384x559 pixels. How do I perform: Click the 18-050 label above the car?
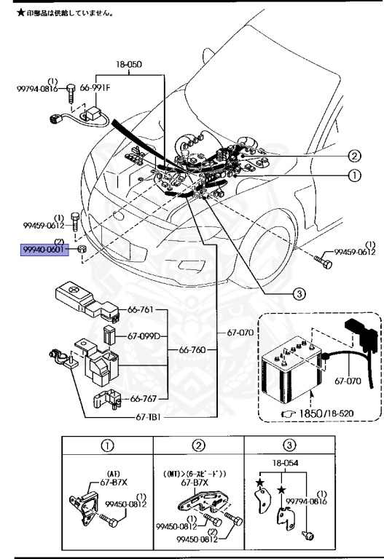pyautogui.click(x=130, y=64)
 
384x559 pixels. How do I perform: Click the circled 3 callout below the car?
pyautogui.click(x=298, y=294)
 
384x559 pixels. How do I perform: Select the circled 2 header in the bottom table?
pyautogui.click(x=197, y=445)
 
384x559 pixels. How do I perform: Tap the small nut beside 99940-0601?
pyautogui.click(x=83, y=252)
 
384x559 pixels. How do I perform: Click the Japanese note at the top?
pyautogui.click(x=58, y=13)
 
